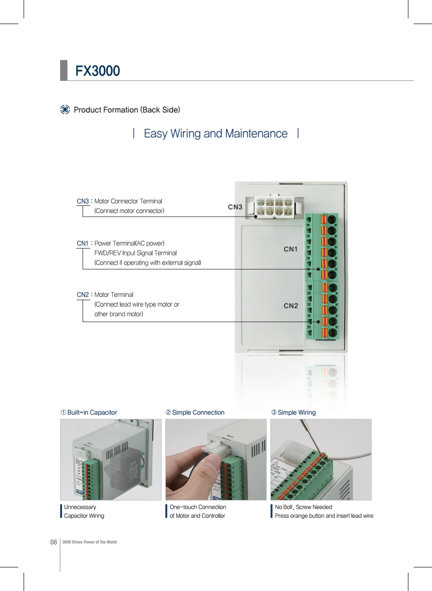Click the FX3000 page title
point(97,71)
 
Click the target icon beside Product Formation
point(65,109)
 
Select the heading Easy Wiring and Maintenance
point(216,133)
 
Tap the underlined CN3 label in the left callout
point(83,201)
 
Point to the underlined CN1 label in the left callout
point(83,243)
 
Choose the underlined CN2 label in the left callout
point(83,295)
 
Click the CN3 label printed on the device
point(235,207)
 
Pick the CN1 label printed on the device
point(290,249)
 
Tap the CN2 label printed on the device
point(290,306)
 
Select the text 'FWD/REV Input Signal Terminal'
point(135,253)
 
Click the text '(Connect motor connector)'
point(129,211)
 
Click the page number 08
point(54,542)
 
